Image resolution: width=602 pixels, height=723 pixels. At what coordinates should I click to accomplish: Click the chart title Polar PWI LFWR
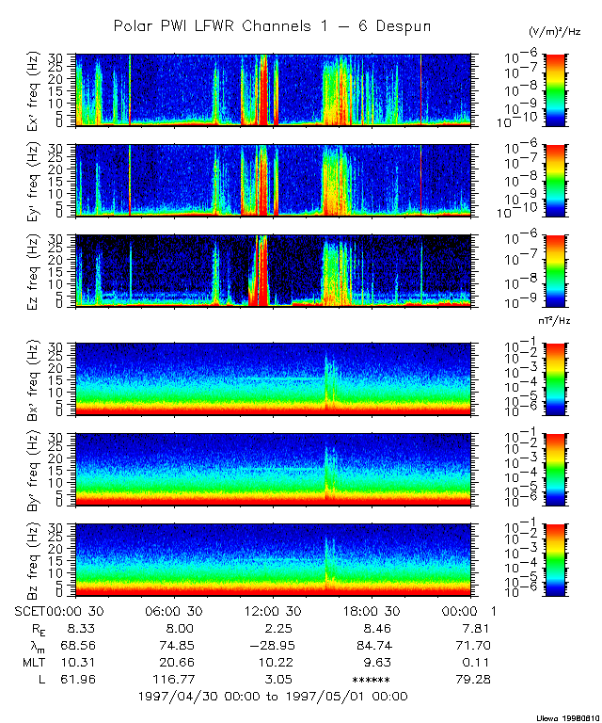coord(272,26)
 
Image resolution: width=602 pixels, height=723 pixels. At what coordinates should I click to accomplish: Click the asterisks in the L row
coord(371,679)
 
